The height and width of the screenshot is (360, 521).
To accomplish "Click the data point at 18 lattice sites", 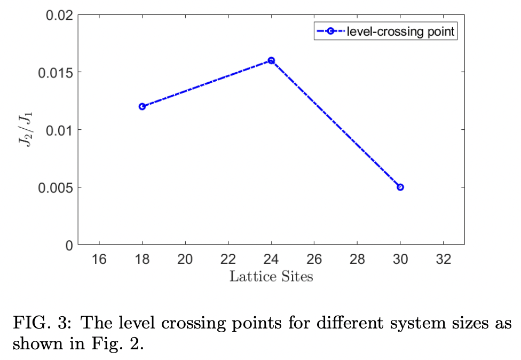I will [x=142, y=106].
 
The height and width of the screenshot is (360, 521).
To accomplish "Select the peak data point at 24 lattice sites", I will [x=271, y=60].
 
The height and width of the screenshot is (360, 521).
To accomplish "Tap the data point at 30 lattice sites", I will [x=400, y=187].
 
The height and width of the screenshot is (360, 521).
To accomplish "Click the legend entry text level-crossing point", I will [x=400, y=32].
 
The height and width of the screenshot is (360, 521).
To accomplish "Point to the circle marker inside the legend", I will [x=330, y=32].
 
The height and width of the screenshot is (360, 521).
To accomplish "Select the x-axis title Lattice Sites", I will [x=271, y=277].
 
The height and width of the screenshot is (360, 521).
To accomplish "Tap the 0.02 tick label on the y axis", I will [x=58, y=15].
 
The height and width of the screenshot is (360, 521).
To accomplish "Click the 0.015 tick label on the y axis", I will [x=55, y=73].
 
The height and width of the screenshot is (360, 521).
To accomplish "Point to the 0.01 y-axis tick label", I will [x=58, y=130].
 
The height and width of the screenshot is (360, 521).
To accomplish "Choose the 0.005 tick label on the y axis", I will [x=55, y=188].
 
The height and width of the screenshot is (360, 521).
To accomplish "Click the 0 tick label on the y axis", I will [x=69, y=246].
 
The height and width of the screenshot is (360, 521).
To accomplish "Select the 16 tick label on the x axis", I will [x=99, y=260].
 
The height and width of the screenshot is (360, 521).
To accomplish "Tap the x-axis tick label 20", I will [x=185, y=260].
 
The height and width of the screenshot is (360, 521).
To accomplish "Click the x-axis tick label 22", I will [x=228, y=260].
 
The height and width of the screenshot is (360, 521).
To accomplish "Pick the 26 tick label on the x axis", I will [x=314, y=260].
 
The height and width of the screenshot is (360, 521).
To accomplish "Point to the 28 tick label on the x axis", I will [x=357, y=260].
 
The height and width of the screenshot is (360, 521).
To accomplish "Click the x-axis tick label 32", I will [x=444, y=260].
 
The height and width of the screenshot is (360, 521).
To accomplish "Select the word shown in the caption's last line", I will [x=36, y=344].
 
